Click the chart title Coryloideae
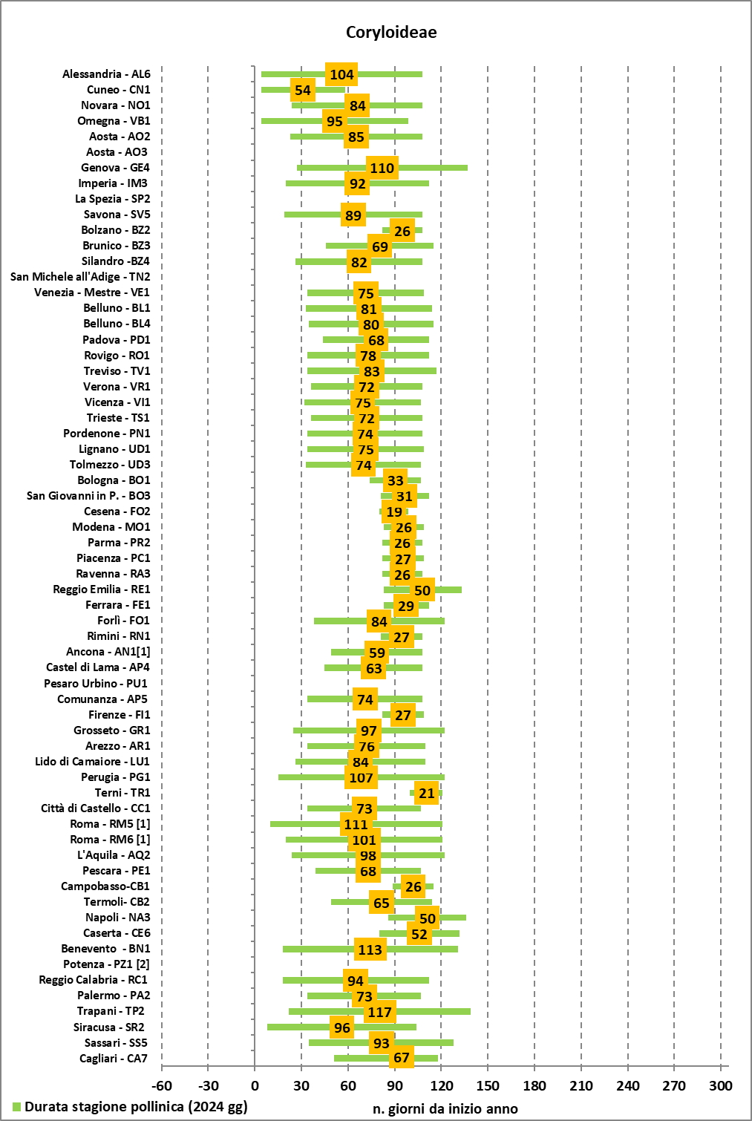(391, 32)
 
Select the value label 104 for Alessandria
(341, 74)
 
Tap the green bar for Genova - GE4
(431, 168)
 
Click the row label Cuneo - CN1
(119, 90)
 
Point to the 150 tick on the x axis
(488, 1085)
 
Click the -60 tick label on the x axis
(162, 1085)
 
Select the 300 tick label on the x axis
(720, 1085)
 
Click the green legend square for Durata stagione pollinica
(17, 1107)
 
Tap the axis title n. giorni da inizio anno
(445, 1108)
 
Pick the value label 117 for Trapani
(379, 1012)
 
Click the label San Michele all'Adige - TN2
(80, 277)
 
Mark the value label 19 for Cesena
(394, 512)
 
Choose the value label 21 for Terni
(427, 793)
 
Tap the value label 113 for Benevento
(370, 950)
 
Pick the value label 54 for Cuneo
(302, 91)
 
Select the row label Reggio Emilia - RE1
(102, 589)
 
